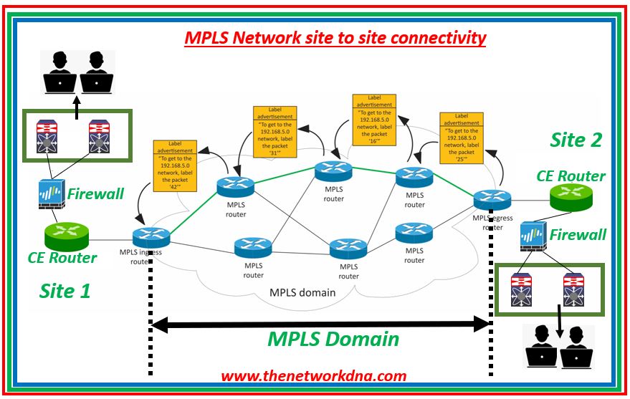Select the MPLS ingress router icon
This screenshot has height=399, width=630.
pos(151,237)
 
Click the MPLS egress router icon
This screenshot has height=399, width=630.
pos(492,200)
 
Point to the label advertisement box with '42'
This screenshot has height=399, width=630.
pos(173,165)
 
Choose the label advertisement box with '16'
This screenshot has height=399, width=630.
pos(374,120)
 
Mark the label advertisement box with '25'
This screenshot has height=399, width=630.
pos(459,138)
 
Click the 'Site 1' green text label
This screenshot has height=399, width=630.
pos(65,292)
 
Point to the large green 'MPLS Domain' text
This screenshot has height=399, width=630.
pos(333,339)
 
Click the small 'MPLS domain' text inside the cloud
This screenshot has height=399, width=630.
pos(302,292)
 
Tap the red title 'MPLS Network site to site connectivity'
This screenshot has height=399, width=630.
pos(335,38)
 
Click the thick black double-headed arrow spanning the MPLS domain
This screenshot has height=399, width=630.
pos(320,324)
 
